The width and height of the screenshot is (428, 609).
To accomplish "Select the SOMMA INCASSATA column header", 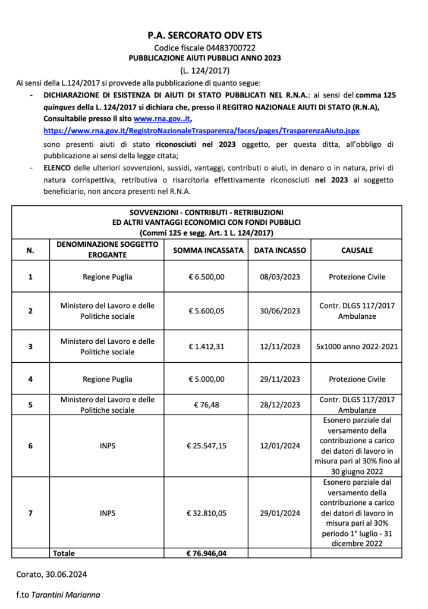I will pyautogui.click(x=208, y=250).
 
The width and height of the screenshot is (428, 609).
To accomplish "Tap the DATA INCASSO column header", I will pyautogui.click(x=280, y=250).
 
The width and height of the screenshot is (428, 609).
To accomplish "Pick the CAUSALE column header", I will pyautogui.click(x=357, y=250).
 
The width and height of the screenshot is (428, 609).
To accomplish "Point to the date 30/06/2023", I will pyautogui.click(x=280, y=310).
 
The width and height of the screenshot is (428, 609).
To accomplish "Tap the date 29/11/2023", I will pyautogui.click(x=280, y=379).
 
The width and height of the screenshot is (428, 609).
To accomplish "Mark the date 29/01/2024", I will pyautogui.click(x=280, y=512).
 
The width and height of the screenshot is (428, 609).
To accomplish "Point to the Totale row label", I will pyautogui.click(x=64, y=553).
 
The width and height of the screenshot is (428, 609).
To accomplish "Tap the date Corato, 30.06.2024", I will pyautogui.click(x=52, y=574).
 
